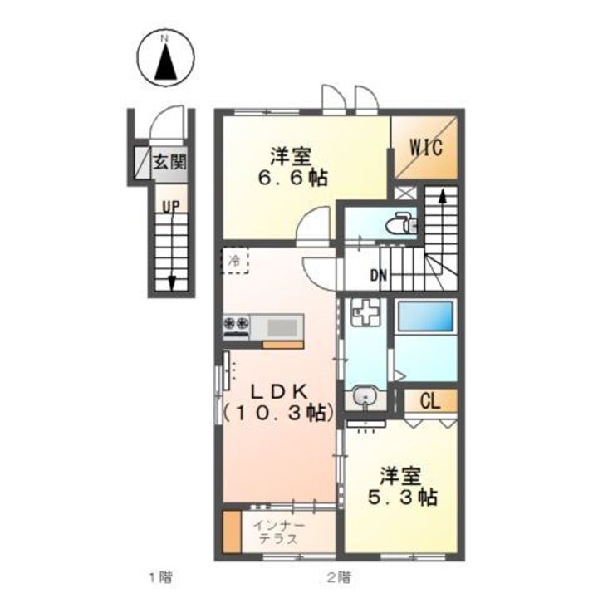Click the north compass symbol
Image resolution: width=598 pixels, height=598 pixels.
tap(165, 59)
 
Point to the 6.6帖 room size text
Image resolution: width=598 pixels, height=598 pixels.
tap(290, 178)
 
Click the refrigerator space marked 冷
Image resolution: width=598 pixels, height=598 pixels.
tap(235, 261)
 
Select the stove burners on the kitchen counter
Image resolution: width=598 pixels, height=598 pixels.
tap(235, 325)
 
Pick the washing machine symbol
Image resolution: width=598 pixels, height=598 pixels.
tap(362, 313)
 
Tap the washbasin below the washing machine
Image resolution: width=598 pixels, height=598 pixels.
tap(363, 398)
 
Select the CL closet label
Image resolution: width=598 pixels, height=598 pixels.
tap(429, 401)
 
